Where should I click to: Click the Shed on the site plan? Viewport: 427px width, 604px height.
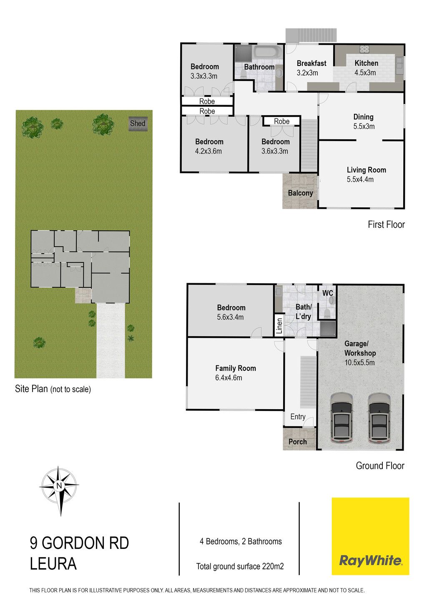tap(138, 124)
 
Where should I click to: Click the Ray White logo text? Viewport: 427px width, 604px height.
tap(370, 561)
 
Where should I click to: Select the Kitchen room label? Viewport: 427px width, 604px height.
tap(366, 63)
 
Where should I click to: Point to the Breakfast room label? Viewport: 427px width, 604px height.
tap(311, 63)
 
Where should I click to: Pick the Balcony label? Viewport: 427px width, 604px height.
tap(300, 193)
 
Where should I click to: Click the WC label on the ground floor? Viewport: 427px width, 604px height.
tap(327, 293)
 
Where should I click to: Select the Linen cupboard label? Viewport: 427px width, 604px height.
tap(279, 326)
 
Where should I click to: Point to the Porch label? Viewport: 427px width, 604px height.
tap(298, 442)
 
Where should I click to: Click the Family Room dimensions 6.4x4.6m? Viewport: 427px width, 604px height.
tap(229, 378)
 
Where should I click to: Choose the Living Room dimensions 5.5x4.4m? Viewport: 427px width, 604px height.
tap(360, 179)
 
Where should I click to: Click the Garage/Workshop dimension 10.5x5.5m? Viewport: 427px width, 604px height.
tap(359, 362)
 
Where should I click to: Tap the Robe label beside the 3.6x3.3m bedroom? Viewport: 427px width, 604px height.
tap(282, 122)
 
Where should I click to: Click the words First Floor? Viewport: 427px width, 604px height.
tap(386, 224)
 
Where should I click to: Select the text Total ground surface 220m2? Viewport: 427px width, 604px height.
tap(240, 566)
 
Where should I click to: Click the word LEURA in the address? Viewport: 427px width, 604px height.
tap(53, 564)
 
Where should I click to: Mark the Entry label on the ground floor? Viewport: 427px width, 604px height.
tap(298, 417)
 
